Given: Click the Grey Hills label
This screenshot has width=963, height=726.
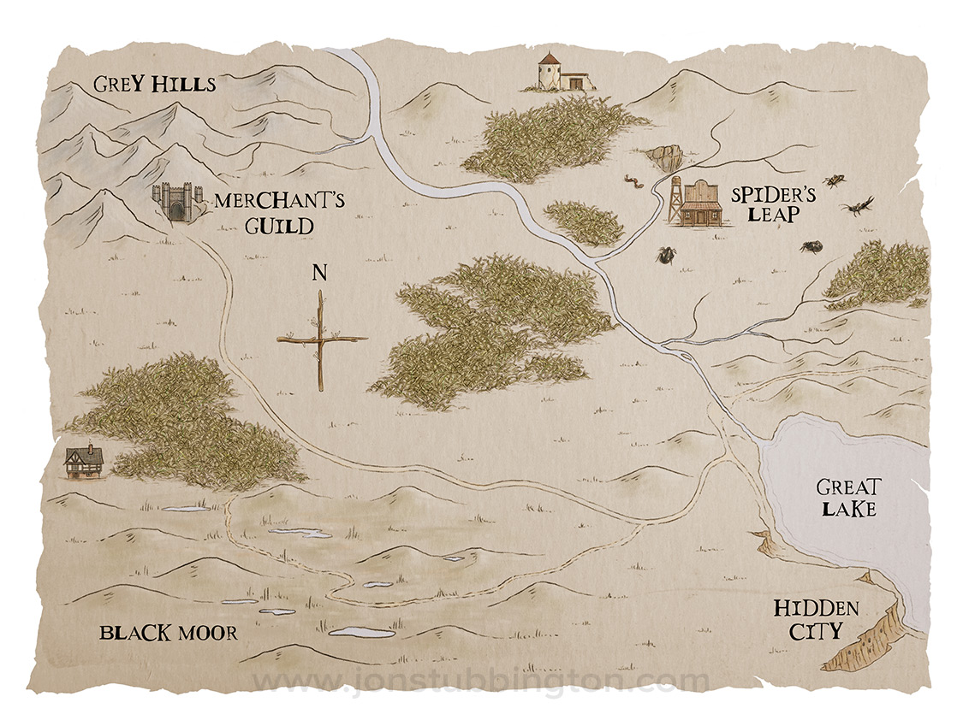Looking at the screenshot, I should (x=154, y=85).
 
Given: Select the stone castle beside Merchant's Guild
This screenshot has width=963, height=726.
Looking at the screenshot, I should (x=176, y=203).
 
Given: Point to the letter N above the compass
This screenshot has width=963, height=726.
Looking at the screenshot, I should (x=319, y=274).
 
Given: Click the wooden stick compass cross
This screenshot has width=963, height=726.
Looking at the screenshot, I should (x=321, y=339).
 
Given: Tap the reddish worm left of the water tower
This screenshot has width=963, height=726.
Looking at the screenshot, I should (x=635, y=183).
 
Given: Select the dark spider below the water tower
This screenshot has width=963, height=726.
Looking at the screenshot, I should (x=664, y=254).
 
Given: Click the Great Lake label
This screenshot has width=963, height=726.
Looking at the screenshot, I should (x=847, y=498).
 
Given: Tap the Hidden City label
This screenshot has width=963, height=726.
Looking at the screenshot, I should (x=816, y=621).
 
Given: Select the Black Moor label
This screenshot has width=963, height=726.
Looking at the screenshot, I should (x=168, y=634).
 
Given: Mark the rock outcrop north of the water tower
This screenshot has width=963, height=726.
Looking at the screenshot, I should (x=665, y=157).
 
